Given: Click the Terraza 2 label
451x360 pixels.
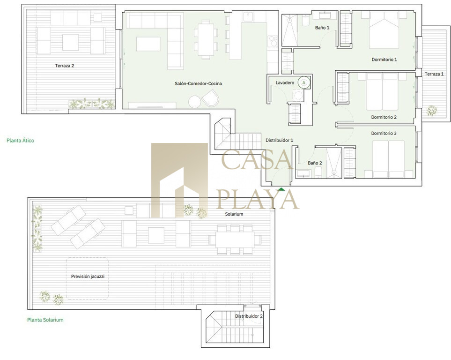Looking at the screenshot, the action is (65, 66).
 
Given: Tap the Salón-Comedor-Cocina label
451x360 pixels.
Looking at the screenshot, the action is (198, 83).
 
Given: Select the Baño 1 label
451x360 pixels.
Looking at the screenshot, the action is (322, 28).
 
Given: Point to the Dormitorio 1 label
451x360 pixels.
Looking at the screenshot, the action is (384, 60).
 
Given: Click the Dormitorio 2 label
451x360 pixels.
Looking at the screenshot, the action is (384, 117).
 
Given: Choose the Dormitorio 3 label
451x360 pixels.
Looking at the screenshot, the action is (384, 133).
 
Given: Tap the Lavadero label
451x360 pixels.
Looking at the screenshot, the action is (285, 82).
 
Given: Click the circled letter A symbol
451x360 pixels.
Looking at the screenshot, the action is (304, 82).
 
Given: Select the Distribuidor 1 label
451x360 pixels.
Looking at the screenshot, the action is (279, 140).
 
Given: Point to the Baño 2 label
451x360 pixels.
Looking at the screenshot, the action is (315, 163).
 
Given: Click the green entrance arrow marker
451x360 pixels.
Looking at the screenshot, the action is (281, 189).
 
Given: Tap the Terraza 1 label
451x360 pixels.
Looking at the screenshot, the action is (434, 74).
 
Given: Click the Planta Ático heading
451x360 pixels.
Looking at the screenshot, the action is (21, 141).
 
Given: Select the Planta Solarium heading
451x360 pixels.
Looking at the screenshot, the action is (45, 320).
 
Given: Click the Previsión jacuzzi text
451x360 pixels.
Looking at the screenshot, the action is (88, 276).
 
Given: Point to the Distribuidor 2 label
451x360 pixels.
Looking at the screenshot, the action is (249, 316).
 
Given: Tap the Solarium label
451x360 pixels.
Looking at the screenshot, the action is (234, 214).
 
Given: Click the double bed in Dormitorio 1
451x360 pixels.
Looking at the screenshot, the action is (384, 30).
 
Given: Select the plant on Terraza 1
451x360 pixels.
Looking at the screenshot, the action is (431, 110).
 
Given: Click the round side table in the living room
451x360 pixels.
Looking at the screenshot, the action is (195, 101).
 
